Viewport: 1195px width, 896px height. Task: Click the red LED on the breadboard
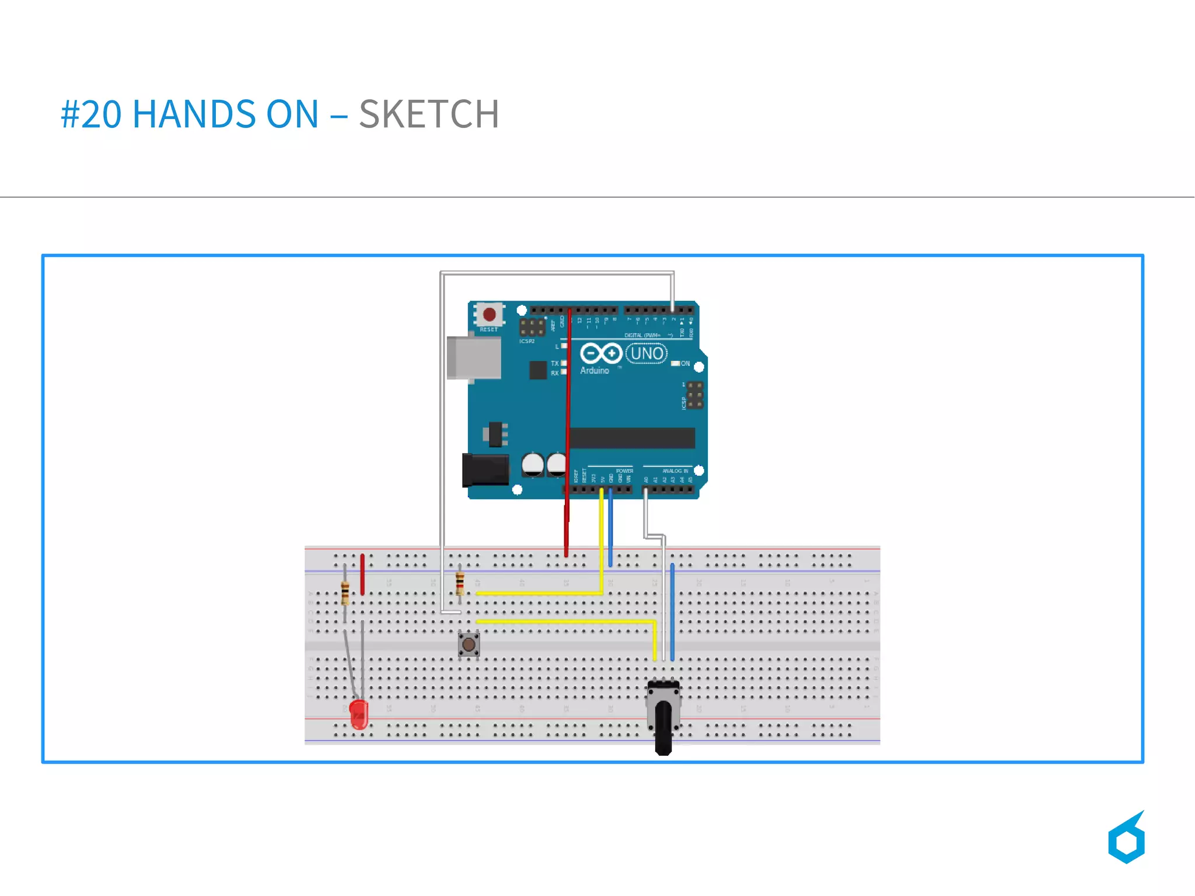point(359,714)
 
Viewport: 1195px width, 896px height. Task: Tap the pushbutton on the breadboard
point(469,645)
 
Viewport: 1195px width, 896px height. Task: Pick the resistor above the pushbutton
point(460,583)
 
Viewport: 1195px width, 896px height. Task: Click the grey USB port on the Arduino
point(474,357)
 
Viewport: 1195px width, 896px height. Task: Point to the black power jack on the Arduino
point(485,470)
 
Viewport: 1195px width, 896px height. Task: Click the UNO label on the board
point(647,354)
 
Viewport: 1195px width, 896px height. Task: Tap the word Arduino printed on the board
point(594,371)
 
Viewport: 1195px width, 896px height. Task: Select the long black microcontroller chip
point(632,438)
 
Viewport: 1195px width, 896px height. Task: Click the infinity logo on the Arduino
point(600,353)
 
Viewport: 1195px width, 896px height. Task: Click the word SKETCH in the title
point(429,114)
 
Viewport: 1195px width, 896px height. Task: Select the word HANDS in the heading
point(194,114)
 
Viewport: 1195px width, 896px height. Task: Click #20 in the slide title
point(91,114)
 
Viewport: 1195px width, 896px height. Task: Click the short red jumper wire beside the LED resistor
point(362,574)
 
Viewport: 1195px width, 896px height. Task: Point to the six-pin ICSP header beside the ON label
point(694,395)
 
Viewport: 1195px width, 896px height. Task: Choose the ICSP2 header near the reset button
point(532,327)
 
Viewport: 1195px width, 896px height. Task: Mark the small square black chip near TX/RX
point(537,369)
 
